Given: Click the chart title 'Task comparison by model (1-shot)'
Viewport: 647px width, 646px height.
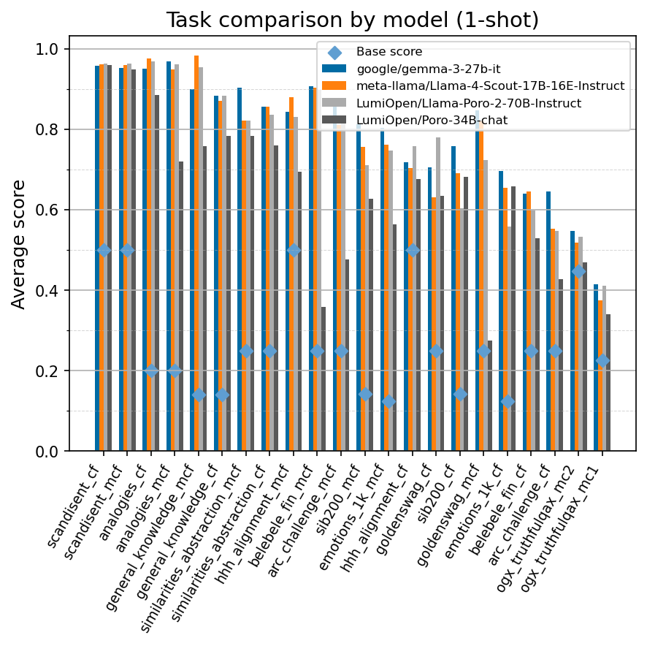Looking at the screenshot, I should click(x=352, y=20).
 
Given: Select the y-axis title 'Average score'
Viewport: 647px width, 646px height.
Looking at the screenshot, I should click(x=19, y=244).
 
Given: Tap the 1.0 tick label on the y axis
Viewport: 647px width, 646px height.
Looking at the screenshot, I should click(x=50, y=50).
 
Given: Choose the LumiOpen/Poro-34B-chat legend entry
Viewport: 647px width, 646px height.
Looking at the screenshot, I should click(x=432, y=120).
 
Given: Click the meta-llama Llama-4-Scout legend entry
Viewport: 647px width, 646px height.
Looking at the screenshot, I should click(x=490, y=86).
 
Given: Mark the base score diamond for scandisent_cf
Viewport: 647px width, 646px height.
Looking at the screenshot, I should click(x=104, y=251).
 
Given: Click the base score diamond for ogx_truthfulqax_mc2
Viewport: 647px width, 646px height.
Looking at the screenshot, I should click(x=578, y=271).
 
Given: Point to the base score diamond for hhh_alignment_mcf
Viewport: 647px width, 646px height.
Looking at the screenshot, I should click(x=294, y=251).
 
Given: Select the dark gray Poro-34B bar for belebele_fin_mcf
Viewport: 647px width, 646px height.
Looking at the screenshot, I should click(x=323, y=379).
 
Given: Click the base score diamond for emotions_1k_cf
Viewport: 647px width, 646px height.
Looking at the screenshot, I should click(x=508, y=401).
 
